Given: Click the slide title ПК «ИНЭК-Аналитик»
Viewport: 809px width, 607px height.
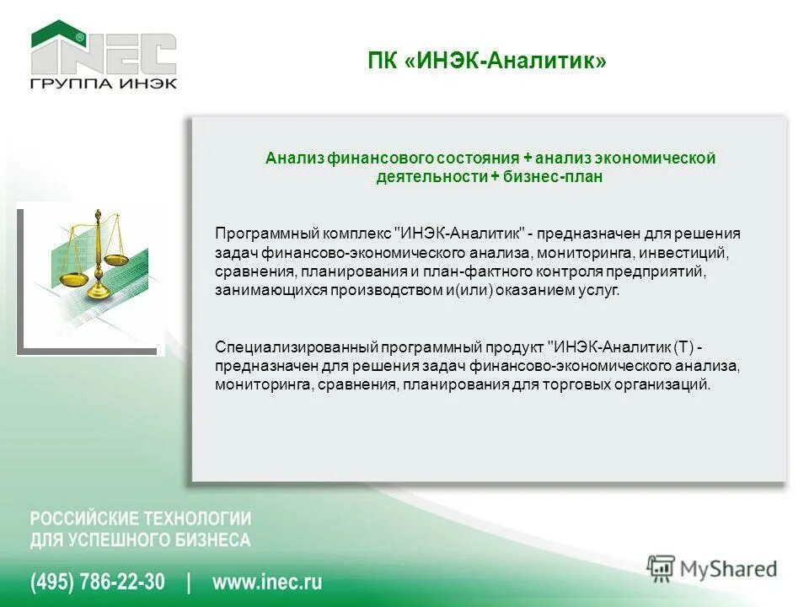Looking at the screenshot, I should [487, 61].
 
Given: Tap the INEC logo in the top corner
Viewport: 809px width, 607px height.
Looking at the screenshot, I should [104, 49].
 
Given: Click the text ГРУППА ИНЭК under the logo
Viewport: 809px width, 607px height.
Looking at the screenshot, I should [104, 83].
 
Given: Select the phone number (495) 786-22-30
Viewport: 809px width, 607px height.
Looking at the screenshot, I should [98, 582].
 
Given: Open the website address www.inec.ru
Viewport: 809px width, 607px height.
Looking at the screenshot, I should [267, 582].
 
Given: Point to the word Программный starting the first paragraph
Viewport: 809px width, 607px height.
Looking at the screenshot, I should [256, 234].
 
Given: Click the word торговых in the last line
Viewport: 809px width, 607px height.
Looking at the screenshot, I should [588, 384].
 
